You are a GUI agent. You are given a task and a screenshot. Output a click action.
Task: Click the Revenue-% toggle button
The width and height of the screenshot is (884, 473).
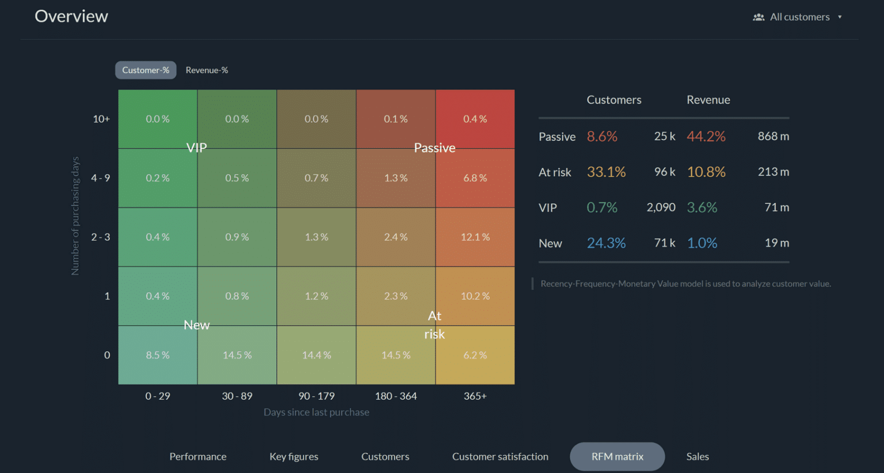pyautogui.click(x=207, y=70)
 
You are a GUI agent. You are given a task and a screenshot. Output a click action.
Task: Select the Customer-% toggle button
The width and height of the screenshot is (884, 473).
pyautogui.click(x=146, y=70)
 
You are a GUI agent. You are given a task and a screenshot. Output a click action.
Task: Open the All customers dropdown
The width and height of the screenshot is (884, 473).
pyautogui.click(x=799, y=17)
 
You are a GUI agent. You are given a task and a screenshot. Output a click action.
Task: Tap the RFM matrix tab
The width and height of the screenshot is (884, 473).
pyautogui.click(x=617, y=456)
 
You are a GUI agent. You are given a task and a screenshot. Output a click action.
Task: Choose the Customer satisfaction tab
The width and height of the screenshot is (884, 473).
pyautogui.click(x=500, y=456)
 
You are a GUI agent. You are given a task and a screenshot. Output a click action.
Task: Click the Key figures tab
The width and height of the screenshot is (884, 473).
pyautogui.click(x=294, y=456)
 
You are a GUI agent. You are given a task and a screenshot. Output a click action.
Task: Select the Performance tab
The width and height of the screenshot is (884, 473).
pyautogui.click(x=198, y=456)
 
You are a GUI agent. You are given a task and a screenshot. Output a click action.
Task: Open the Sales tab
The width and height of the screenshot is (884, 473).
pyautogui.click(x=698, y=456)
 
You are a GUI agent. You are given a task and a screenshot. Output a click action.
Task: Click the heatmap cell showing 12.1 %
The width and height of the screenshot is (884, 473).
pyautogui.click(x=475, y=237)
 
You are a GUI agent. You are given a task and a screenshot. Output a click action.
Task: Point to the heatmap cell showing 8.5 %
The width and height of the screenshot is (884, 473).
pyautogui.click(x=158, y=355)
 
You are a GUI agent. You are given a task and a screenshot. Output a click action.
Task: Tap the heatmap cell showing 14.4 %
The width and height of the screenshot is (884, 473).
pyautogui.click(x=317, y=355)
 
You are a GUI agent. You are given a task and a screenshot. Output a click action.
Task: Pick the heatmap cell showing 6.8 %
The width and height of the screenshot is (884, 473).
pyautogui.click(x=475, y=178)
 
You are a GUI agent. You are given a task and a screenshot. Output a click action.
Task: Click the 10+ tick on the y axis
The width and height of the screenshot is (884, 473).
pyautogui.click(x=101, y=119)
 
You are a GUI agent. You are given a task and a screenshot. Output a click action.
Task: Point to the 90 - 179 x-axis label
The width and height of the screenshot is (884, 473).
pyautogui.click(x=317, y=396)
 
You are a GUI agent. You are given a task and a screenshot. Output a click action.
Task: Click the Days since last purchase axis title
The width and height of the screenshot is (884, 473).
pyautogui.click(x=317, y=412)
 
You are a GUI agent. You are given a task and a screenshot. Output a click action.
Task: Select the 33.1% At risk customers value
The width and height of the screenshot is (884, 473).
pyautogui.click(x=606, y=172)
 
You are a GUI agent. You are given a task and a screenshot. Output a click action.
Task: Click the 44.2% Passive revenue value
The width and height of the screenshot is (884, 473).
pyautogui.click(x=706, y=136)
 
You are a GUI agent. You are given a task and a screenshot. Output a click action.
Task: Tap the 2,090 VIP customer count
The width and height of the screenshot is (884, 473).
pyautogui.click(x=661, y=207)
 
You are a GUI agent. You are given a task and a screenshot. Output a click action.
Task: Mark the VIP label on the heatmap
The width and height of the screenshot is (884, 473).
pyautogui.click(x=197, y=148)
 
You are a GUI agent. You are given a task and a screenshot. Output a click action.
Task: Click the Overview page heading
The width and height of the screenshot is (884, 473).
pyautogui.click(x=71, y=16)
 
